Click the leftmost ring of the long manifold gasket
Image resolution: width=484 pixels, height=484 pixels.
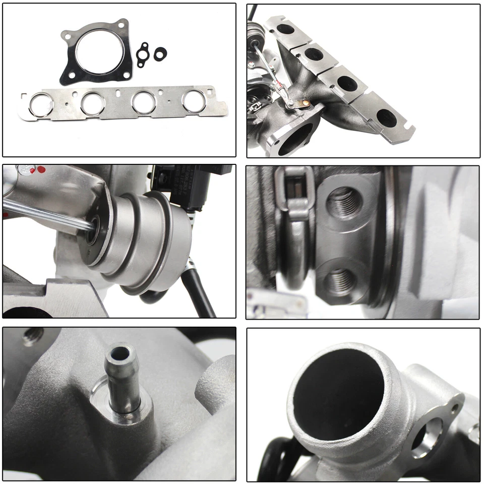[x=41, y=104]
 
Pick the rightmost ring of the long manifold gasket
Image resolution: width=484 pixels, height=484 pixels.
[x=195, y=101]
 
